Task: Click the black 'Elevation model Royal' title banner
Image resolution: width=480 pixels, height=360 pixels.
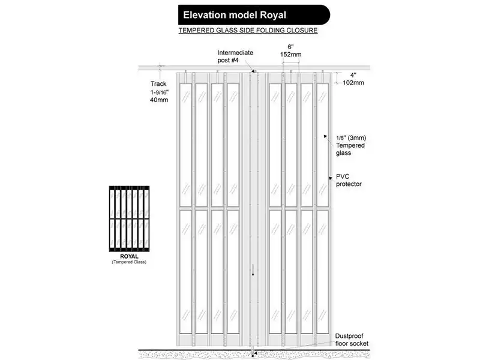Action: tap(254, 14)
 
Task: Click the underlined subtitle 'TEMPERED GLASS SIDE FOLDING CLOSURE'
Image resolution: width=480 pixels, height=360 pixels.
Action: tap(248, 31)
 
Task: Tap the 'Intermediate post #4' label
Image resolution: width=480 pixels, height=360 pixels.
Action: tap(235, 56)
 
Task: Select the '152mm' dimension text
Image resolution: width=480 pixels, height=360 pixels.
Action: tap(290, 55)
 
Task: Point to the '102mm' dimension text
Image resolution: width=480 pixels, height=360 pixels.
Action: tap(353, 83)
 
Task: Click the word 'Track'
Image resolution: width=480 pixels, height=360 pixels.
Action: tap(158, 83)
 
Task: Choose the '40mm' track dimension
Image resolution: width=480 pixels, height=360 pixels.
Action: tap(159, 100)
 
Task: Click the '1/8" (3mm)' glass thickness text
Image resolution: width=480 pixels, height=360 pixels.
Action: tap(351, 138)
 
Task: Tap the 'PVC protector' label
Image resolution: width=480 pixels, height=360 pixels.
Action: tap(349, 181)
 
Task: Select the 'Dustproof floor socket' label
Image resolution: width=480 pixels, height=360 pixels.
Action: tap(352, 340)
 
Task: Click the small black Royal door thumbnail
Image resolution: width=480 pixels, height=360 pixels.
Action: tap(129, 218)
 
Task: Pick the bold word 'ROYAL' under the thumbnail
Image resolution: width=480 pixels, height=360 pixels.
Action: tap(129, 257)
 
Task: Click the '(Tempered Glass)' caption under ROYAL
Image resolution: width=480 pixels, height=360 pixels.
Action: tap(129, 262)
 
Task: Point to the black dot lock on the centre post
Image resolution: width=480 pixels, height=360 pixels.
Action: tap(253, 275)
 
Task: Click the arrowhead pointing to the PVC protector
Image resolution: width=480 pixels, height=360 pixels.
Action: tap(331, 178)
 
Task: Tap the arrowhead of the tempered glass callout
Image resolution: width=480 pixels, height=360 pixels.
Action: tap(325, 137)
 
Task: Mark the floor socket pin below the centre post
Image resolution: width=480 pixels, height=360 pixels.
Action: tap(253, 352)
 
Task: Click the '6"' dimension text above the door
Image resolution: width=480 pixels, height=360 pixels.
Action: tap(290, 47)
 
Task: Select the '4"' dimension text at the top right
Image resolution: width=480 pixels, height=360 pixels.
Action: tap(353, 75)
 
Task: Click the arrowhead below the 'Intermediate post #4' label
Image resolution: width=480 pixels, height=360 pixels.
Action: tap(253, 71)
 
